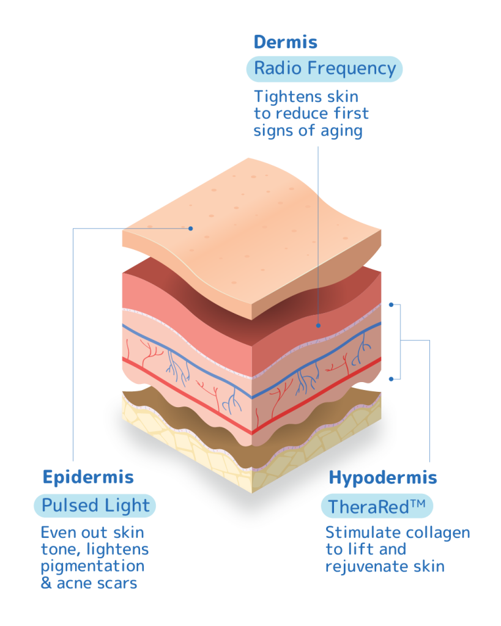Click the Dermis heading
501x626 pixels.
(x=285, y=42)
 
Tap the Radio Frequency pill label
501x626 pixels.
(x=325, y=68)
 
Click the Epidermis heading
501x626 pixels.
(x=88, y=477)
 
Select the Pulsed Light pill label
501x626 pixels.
(x=95, y=506)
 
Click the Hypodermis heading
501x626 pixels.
(x=383, y=477)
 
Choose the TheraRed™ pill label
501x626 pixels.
(x=377, y=506)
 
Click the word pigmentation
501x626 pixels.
(x=92, y=566)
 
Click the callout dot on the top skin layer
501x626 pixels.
(x=191, y=229)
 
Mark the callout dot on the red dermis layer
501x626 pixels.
(x=318, y=326)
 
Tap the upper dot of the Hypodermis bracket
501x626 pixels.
(x=392, y=304)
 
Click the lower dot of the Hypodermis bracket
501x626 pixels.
(x=392, y=378)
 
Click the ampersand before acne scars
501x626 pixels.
(x=46, y=583)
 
